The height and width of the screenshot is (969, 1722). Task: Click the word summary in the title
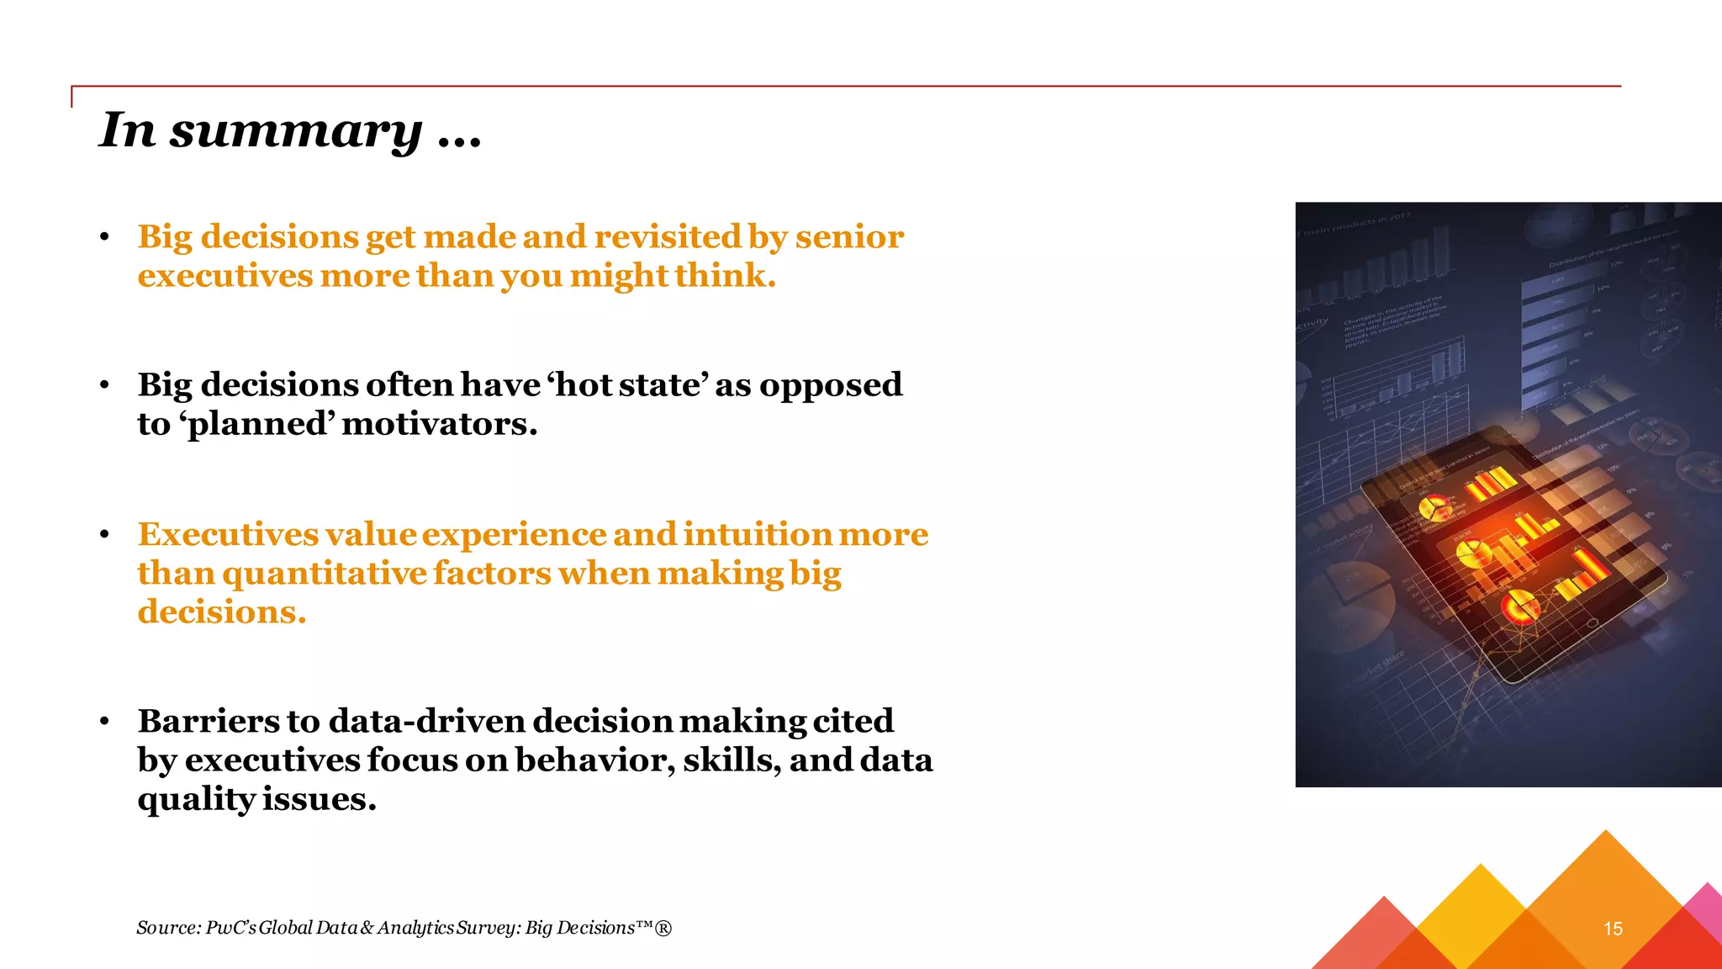pyautogui.click(x=295, y=131)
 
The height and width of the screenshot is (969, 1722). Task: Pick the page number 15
pyautogui.click(x=1613, y=929)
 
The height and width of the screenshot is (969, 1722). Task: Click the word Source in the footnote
pyautogui.click(x=167, y=928)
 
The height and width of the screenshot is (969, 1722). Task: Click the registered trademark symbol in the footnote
pyautogui.click(x=663, y=928)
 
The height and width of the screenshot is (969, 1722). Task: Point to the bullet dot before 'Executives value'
pyautogui.click(x=104, y=535)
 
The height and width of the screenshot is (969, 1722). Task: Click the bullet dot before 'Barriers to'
pyautogui.click(x=104, y=722)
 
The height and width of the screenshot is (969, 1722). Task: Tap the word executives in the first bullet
pyautogui.click(x=224, y=276)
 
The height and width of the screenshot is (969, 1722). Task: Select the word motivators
pyautogui.click(x=439, y=424)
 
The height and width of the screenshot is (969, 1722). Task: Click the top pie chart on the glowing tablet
pyautogui.click(x=1433, y=509)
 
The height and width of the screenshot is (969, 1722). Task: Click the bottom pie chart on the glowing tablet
pyautogui.click(x=1519, y=606)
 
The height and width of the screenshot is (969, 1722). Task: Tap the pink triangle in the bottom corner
pyautogui.click(x=1707, y=908)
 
